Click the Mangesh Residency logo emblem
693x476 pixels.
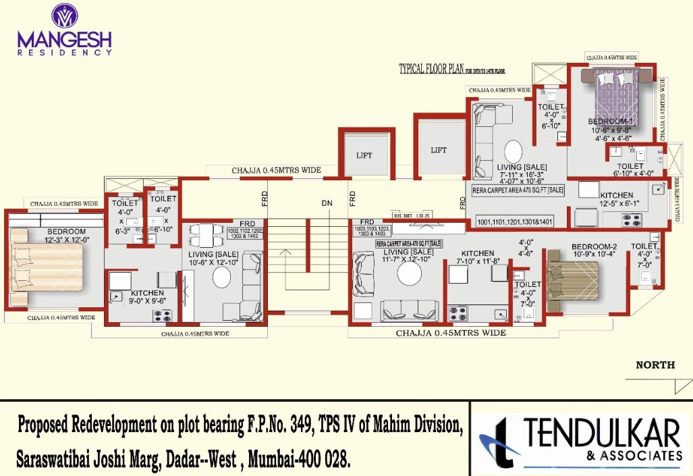64,16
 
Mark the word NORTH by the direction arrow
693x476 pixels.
655,365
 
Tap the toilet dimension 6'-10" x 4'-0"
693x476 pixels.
631,174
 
